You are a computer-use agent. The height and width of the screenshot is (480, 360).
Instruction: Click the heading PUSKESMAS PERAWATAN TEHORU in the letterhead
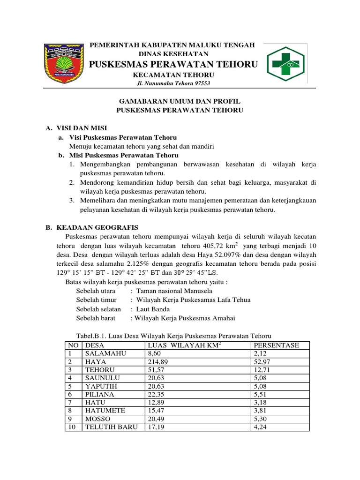click(x=173, y=64)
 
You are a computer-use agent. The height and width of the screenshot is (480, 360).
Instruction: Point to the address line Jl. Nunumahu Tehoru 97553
click(x=173, y=83)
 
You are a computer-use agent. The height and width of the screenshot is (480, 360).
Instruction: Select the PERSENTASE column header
click(x=276, y=345)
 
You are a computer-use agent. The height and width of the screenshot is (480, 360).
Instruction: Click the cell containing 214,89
click(x=157, y=362)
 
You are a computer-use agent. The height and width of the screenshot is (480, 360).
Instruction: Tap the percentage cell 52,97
click(x=261, y=362)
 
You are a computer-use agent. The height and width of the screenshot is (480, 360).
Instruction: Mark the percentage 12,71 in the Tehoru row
click(x=261, y=370)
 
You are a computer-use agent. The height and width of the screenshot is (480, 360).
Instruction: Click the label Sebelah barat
click(x=97, y=318)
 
